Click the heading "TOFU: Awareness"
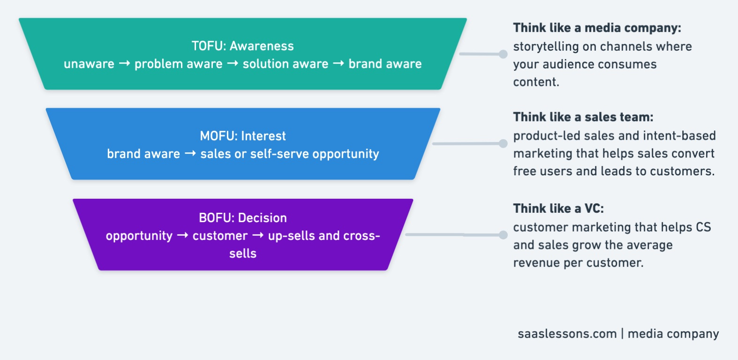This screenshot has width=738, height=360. [x=242, y=46]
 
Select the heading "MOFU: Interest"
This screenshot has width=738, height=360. [x=243, y=136]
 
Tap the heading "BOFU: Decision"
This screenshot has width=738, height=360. [x=243, y=217]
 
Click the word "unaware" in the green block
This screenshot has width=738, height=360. [x=89, y=64]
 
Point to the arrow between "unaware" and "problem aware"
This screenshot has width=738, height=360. [x=124, y=63]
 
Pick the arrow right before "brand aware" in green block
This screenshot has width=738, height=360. [x=339, y=63]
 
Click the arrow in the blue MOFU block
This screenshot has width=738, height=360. [x=190, y=153]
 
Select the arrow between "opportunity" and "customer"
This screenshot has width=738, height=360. [x=182, y=235]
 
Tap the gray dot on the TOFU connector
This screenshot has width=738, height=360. [x=503, y=54]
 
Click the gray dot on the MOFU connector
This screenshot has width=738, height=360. [x=503, y=143]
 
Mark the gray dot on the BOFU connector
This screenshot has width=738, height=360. [x=503, y=235]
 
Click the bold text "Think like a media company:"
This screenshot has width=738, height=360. [x=597, y=28]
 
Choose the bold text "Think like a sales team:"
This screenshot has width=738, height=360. [x=583, y=117]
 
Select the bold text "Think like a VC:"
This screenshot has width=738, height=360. [x=558, y=209]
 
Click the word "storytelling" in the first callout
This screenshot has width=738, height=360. [x=546, y=47]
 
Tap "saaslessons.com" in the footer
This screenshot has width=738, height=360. [x=567, y=334]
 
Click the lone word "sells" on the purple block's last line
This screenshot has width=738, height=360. [x=243, y=253]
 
